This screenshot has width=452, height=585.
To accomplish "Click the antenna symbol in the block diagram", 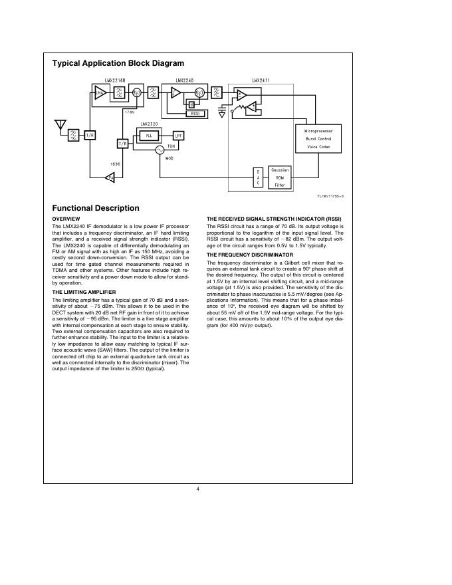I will coord(60,125).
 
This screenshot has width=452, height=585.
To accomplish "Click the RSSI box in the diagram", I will coord(196,114).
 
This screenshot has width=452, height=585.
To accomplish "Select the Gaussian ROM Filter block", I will coord(280,177).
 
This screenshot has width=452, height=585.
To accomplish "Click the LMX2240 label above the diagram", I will coord(184,80).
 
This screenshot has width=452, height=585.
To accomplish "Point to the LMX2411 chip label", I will coord(261,80).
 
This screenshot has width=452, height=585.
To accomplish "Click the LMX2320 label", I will coord(149,124).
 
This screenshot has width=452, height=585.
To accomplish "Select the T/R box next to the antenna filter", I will coord(90,134).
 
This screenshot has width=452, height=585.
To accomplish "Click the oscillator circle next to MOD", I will coord(160,151).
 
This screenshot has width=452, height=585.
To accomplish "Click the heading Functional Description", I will coord(96,208).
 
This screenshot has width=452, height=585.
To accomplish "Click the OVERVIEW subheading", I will coord(66,219).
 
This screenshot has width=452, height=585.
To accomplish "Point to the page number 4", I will coord(198,489).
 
